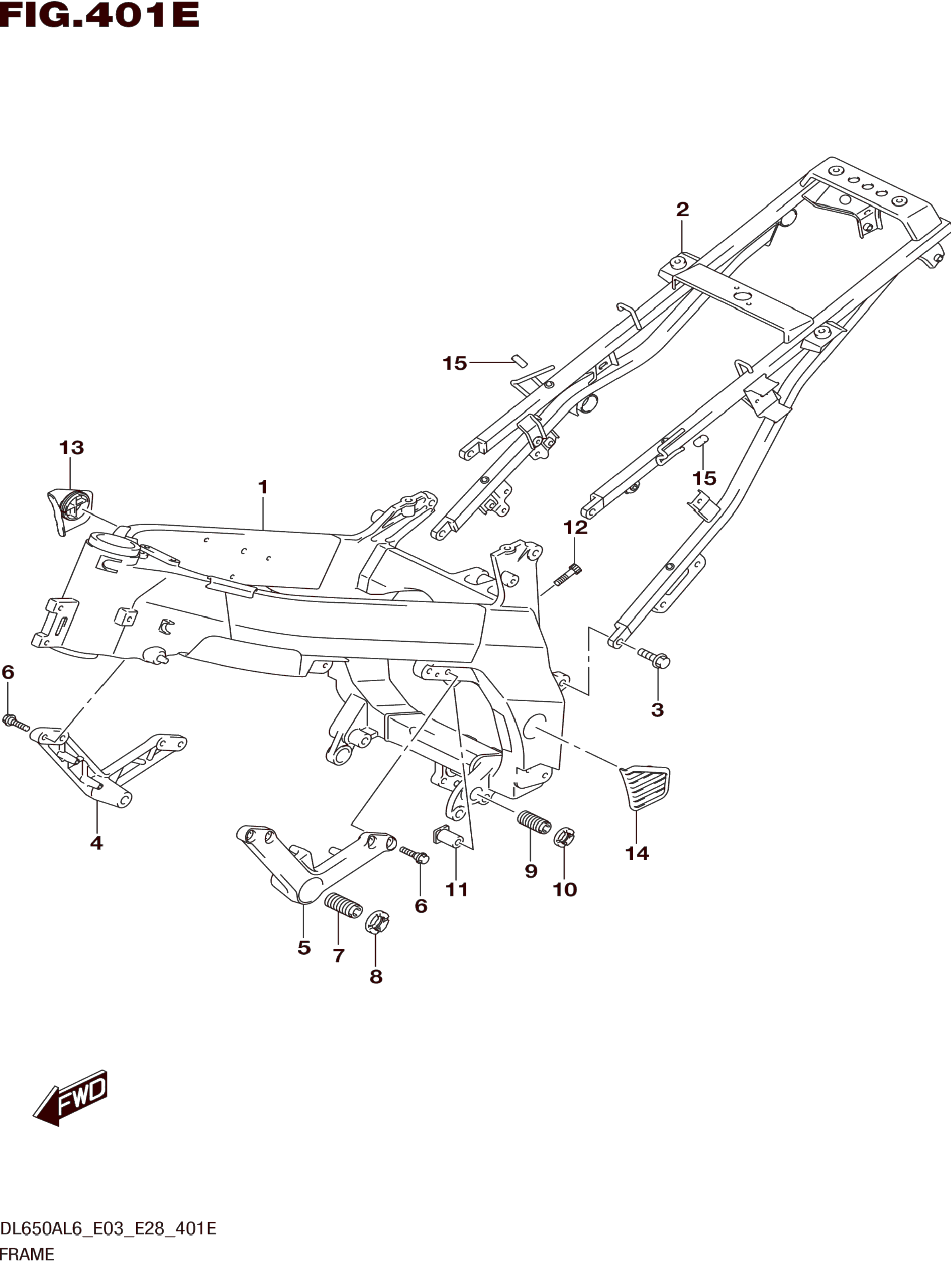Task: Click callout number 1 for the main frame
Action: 263,487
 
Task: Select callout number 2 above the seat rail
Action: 682,210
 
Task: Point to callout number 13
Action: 71,447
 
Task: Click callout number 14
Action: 637,854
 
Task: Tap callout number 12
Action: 576,527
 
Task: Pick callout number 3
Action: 657,710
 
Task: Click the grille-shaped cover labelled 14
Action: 645,786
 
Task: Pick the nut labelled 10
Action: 564,838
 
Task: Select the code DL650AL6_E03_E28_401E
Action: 108,1228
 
